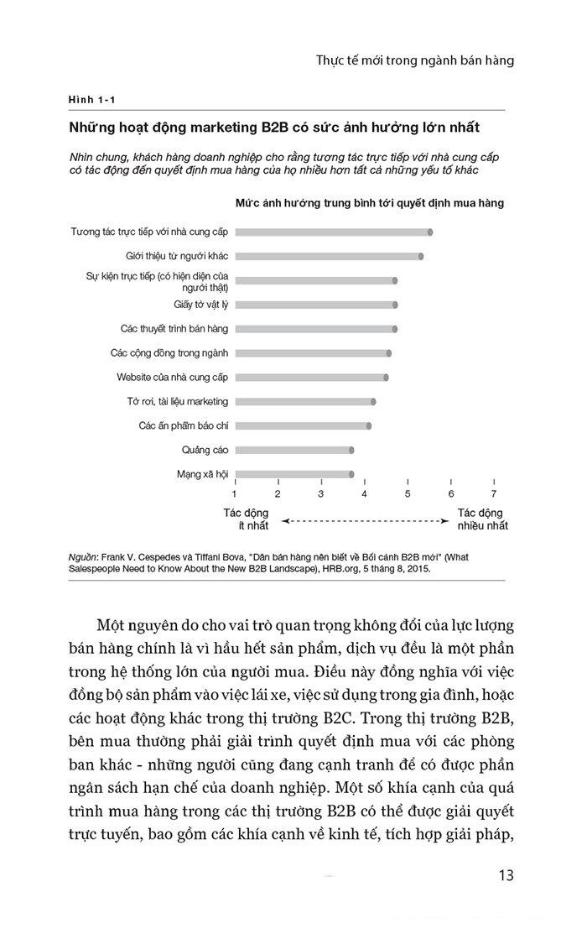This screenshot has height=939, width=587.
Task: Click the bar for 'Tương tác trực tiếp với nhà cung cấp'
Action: click(332, 232)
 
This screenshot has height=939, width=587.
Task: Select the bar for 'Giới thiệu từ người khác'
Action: click(327, 256)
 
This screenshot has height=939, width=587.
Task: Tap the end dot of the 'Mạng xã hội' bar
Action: click(351, 474)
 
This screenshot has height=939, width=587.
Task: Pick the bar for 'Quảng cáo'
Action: click(293, 450)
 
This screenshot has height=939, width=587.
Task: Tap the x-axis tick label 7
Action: click(494, 493)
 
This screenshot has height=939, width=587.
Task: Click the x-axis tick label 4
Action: click(364, 493)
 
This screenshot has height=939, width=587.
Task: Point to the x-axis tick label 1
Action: click(235, 493)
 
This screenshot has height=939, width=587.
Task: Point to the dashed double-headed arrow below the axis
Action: click(363, 521)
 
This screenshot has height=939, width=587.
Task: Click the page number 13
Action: click(505, 876)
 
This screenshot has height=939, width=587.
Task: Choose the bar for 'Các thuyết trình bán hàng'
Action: click(314, 329)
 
